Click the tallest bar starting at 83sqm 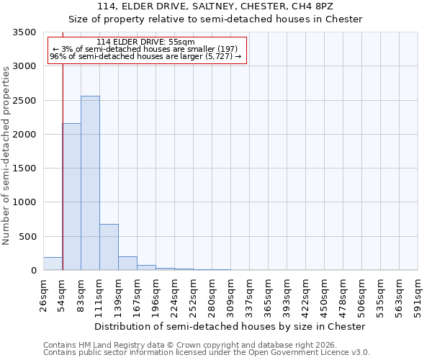pos(90,183)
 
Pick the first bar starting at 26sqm pos(53,264)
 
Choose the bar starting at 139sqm pos(127,263)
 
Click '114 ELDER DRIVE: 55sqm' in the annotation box pos(145,42)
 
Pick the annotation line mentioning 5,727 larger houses pos(145,56)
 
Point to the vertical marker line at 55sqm pos(63,158)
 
